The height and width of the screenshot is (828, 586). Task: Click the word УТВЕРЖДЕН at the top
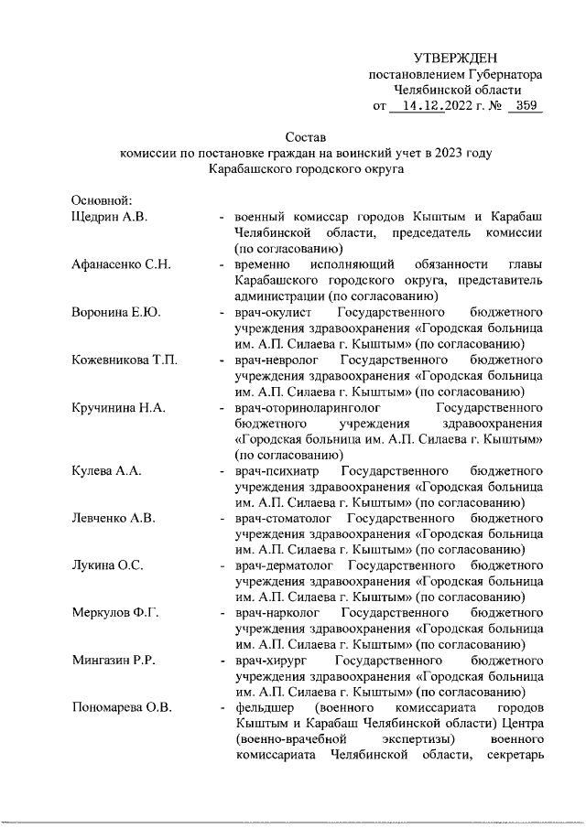[x=454, y=59]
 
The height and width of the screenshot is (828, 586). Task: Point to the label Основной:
[x=103, y=200]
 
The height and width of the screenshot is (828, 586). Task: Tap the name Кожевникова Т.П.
[x=125, y=360]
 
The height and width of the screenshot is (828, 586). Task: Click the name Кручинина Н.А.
[x=118, y=407]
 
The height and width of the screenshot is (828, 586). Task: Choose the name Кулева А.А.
[x=106, y=470]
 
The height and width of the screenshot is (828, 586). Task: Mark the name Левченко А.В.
[x=114, y=518]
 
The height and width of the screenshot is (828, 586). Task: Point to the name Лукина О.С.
[x=107, y=565]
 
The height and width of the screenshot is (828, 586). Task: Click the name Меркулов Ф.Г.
[x=115, y=613]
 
